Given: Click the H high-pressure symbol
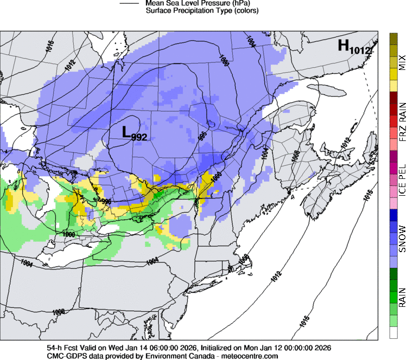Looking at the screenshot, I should pos(344,46).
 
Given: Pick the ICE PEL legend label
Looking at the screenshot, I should pos(402,183).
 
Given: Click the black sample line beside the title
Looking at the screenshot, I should pos(131,3).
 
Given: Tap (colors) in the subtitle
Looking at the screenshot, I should pos(245,11).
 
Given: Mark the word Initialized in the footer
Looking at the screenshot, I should pos(218,348).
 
